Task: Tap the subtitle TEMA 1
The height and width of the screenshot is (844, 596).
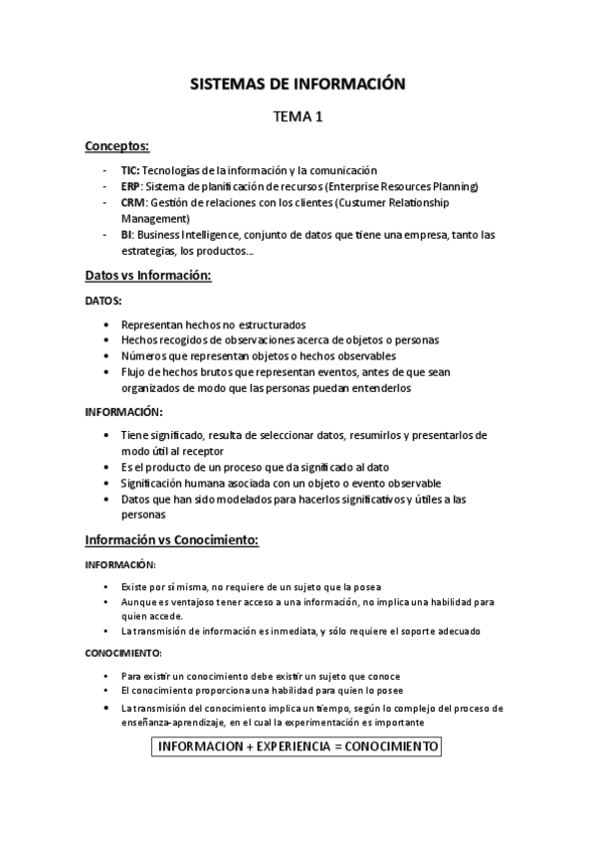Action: coord(298,118)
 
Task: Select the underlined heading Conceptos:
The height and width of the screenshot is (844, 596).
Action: coord(116,146)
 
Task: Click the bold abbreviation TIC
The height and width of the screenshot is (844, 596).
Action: coord(130,170)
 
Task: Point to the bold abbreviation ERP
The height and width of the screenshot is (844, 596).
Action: coord(131,186)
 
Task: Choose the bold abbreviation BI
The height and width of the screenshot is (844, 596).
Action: coord(127,235)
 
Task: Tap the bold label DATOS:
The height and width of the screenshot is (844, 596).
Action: coord(103,300)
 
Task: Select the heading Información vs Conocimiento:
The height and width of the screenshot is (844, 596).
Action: coord(171,540)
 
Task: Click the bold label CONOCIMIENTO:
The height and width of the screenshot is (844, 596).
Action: coord(122,653)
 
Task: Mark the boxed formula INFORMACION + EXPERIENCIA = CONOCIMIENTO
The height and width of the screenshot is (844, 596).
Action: coord(298,746)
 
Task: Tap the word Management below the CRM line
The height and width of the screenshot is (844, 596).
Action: coord(155,217)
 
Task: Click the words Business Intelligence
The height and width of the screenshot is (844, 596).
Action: coord(178,235)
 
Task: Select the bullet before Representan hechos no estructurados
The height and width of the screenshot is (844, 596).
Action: coord(105,324)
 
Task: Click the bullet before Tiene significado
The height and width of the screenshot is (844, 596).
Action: coord(105,436)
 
